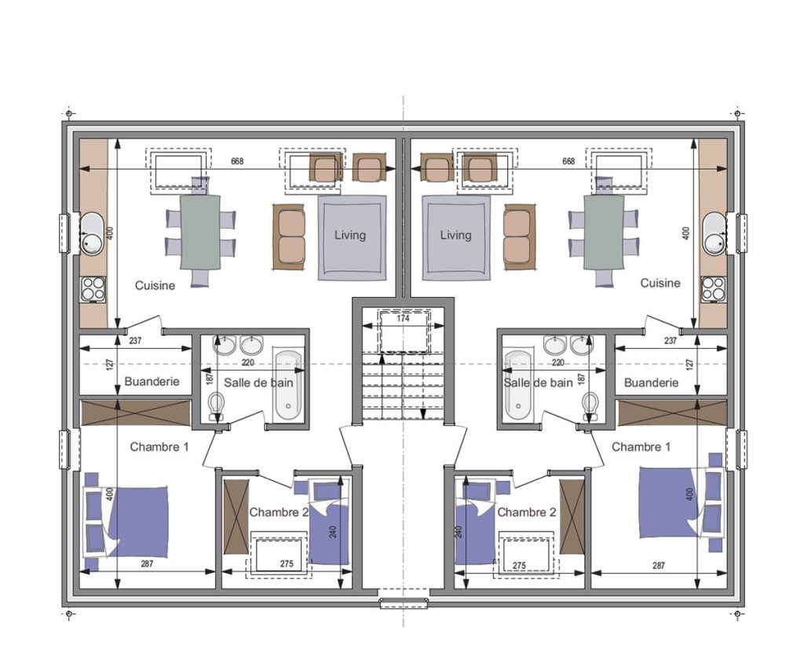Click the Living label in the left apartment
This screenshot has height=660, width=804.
click(350, 235)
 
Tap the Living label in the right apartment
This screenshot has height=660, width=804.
click(456, 235)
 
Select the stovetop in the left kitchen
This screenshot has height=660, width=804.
click(93, 289)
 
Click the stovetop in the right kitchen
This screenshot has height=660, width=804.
click(714, 289)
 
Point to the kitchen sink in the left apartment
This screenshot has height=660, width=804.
click(93, 233)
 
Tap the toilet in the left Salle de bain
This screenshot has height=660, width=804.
click(217, 405)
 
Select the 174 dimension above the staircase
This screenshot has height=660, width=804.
click(404, 319)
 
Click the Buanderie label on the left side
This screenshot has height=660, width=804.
click(152, 382)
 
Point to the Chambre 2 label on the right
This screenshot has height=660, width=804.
click(527, 512)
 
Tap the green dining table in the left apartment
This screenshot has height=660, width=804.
click(200, 232)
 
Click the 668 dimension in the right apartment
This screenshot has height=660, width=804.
click(568, 161)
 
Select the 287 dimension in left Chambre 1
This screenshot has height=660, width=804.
click(147, 564)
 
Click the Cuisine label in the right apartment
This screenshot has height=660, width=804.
click(660, 283)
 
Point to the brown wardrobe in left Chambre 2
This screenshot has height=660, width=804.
click(236, 517)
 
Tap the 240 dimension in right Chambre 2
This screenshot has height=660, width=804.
click(459, 531)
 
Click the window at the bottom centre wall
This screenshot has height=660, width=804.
click(404, 603)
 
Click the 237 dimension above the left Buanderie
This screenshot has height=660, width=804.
click(135, 340)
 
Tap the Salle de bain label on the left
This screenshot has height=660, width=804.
click(259, 383)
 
